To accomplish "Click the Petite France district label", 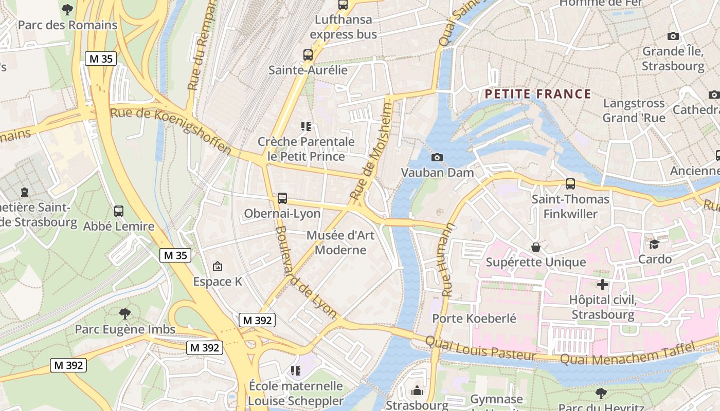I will (538, 94).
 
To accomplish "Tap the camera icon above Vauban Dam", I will (437, 157).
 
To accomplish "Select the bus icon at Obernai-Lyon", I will (282, 198).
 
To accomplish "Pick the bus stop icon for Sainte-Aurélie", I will (308, 55).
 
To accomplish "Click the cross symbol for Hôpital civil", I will (603, 285).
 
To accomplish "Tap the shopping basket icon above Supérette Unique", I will (536, 247).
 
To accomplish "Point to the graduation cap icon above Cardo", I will (655, 244).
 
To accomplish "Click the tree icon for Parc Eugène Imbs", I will (124, 313).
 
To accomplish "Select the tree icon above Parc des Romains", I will (67, 9).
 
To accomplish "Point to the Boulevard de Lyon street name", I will (305, 272).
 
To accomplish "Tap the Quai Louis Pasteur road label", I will (480, 348).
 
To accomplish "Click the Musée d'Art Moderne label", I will (340, 242).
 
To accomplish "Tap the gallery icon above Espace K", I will (218, 266).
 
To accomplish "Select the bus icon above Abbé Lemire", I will (119, 211).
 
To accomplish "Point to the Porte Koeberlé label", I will (474, 319).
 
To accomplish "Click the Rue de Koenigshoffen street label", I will (171, 130).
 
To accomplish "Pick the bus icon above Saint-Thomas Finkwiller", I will (570, 184).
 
